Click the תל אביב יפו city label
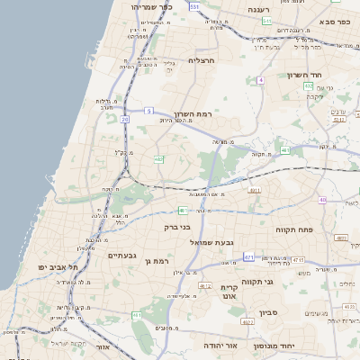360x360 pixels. point(59,268)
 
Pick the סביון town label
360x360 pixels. point(270,313)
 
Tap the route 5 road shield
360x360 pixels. point(148,111)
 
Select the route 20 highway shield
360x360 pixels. point(124,119)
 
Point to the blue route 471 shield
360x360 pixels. point(248,257)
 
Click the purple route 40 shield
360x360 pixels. point(322,200)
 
